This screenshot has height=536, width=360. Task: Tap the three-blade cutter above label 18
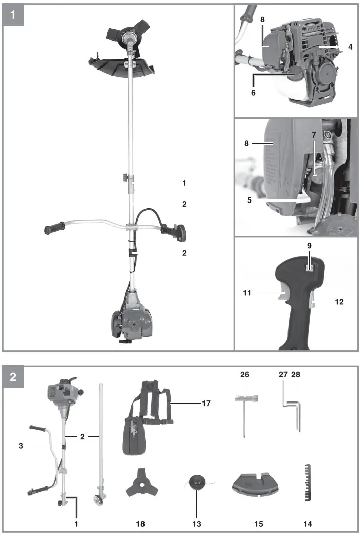[x=139, y=486]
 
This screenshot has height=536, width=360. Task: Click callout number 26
[x=244, y=375]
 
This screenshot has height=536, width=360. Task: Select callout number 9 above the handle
[x=310, y=248]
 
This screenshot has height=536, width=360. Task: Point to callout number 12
[x=339, y=302]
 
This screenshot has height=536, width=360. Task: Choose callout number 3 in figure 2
[x=20, y=445]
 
